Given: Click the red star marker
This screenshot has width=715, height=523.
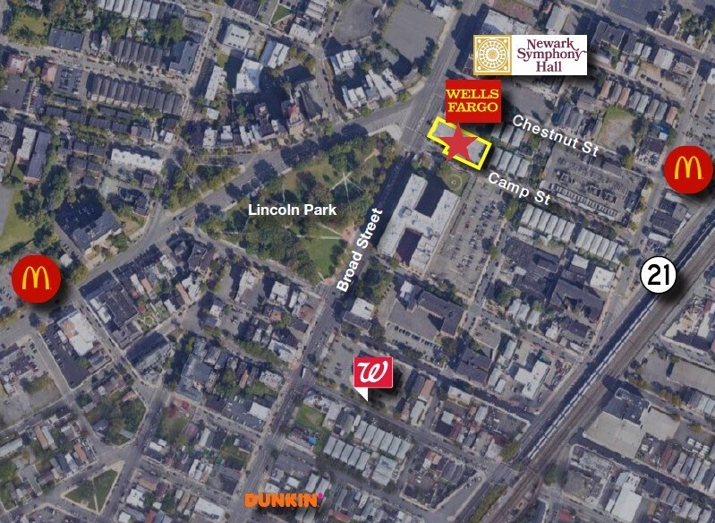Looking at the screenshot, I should point(459,142).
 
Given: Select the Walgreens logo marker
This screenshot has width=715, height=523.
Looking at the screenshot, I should point(373,374).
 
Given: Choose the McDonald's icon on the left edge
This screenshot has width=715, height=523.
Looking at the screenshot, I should point(36,279).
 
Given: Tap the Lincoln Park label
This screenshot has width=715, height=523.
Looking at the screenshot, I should point(293,210).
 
